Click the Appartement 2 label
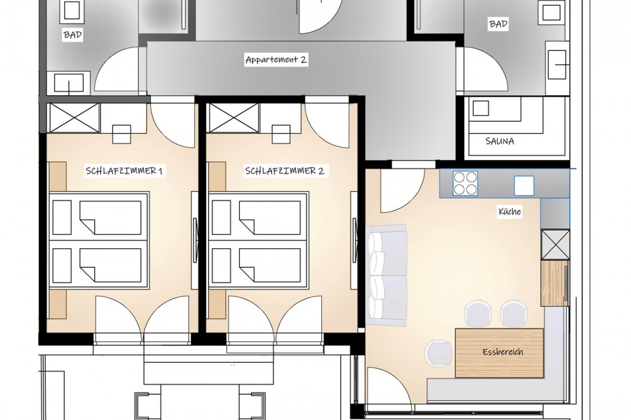[276, 60]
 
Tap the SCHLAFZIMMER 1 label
[124, 171]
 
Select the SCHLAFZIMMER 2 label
[285, 171]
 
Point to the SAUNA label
[500, 141]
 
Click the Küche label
[510, 211]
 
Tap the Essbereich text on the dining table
[503, 352]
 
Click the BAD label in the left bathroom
[73, 35]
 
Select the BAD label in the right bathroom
[498, 24]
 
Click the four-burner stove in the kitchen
[466, 183]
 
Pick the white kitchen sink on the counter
[524, 186]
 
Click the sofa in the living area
[387, 275]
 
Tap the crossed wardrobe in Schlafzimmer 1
[73, 118]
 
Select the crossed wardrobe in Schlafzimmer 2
[233, 118]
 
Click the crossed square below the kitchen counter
[555, 244]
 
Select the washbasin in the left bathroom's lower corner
[68, 84]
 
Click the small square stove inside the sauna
[481, 108]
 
